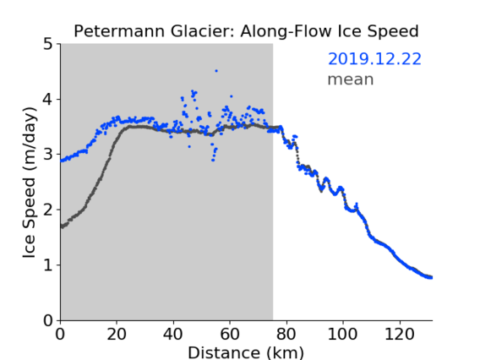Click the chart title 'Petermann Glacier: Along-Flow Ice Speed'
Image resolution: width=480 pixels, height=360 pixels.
[246, 31]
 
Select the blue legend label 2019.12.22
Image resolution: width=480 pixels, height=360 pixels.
[374, 59]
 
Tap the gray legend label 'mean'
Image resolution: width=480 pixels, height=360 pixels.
[351, 79]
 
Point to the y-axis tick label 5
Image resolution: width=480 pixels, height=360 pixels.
[48, 44]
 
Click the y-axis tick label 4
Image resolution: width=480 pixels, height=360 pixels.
[48, 100]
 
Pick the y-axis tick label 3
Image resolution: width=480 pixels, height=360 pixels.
[48, 155]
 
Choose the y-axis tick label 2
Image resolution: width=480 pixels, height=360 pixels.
[48, 210]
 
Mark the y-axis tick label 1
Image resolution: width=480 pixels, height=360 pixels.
[48, 265]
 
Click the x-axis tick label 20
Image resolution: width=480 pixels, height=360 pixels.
[117, 334]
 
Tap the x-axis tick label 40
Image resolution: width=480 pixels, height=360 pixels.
[173, 334]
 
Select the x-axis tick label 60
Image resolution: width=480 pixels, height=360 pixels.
[230, 334]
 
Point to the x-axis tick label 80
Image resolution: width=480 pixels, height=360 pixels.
[286, 334]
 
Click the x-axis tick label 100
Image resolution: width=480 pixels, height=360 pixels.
[342, 334]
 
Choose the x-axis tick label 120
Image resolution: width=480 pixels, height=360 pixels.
[399, 334]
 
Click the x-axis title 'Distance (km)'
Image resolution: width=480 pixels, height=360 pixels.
[246, 353]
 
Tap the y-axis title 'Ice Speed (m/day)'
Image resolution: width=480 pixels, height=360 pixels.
[30, 183]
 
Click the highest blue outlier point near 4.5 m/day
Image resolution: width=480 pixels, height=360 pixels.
[216, 71]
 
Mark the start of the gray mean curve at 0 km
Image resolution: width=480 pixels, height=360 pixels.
[62, 226]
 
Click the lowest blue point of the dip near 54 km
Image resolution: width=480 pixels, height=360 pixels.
[213, 160]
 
